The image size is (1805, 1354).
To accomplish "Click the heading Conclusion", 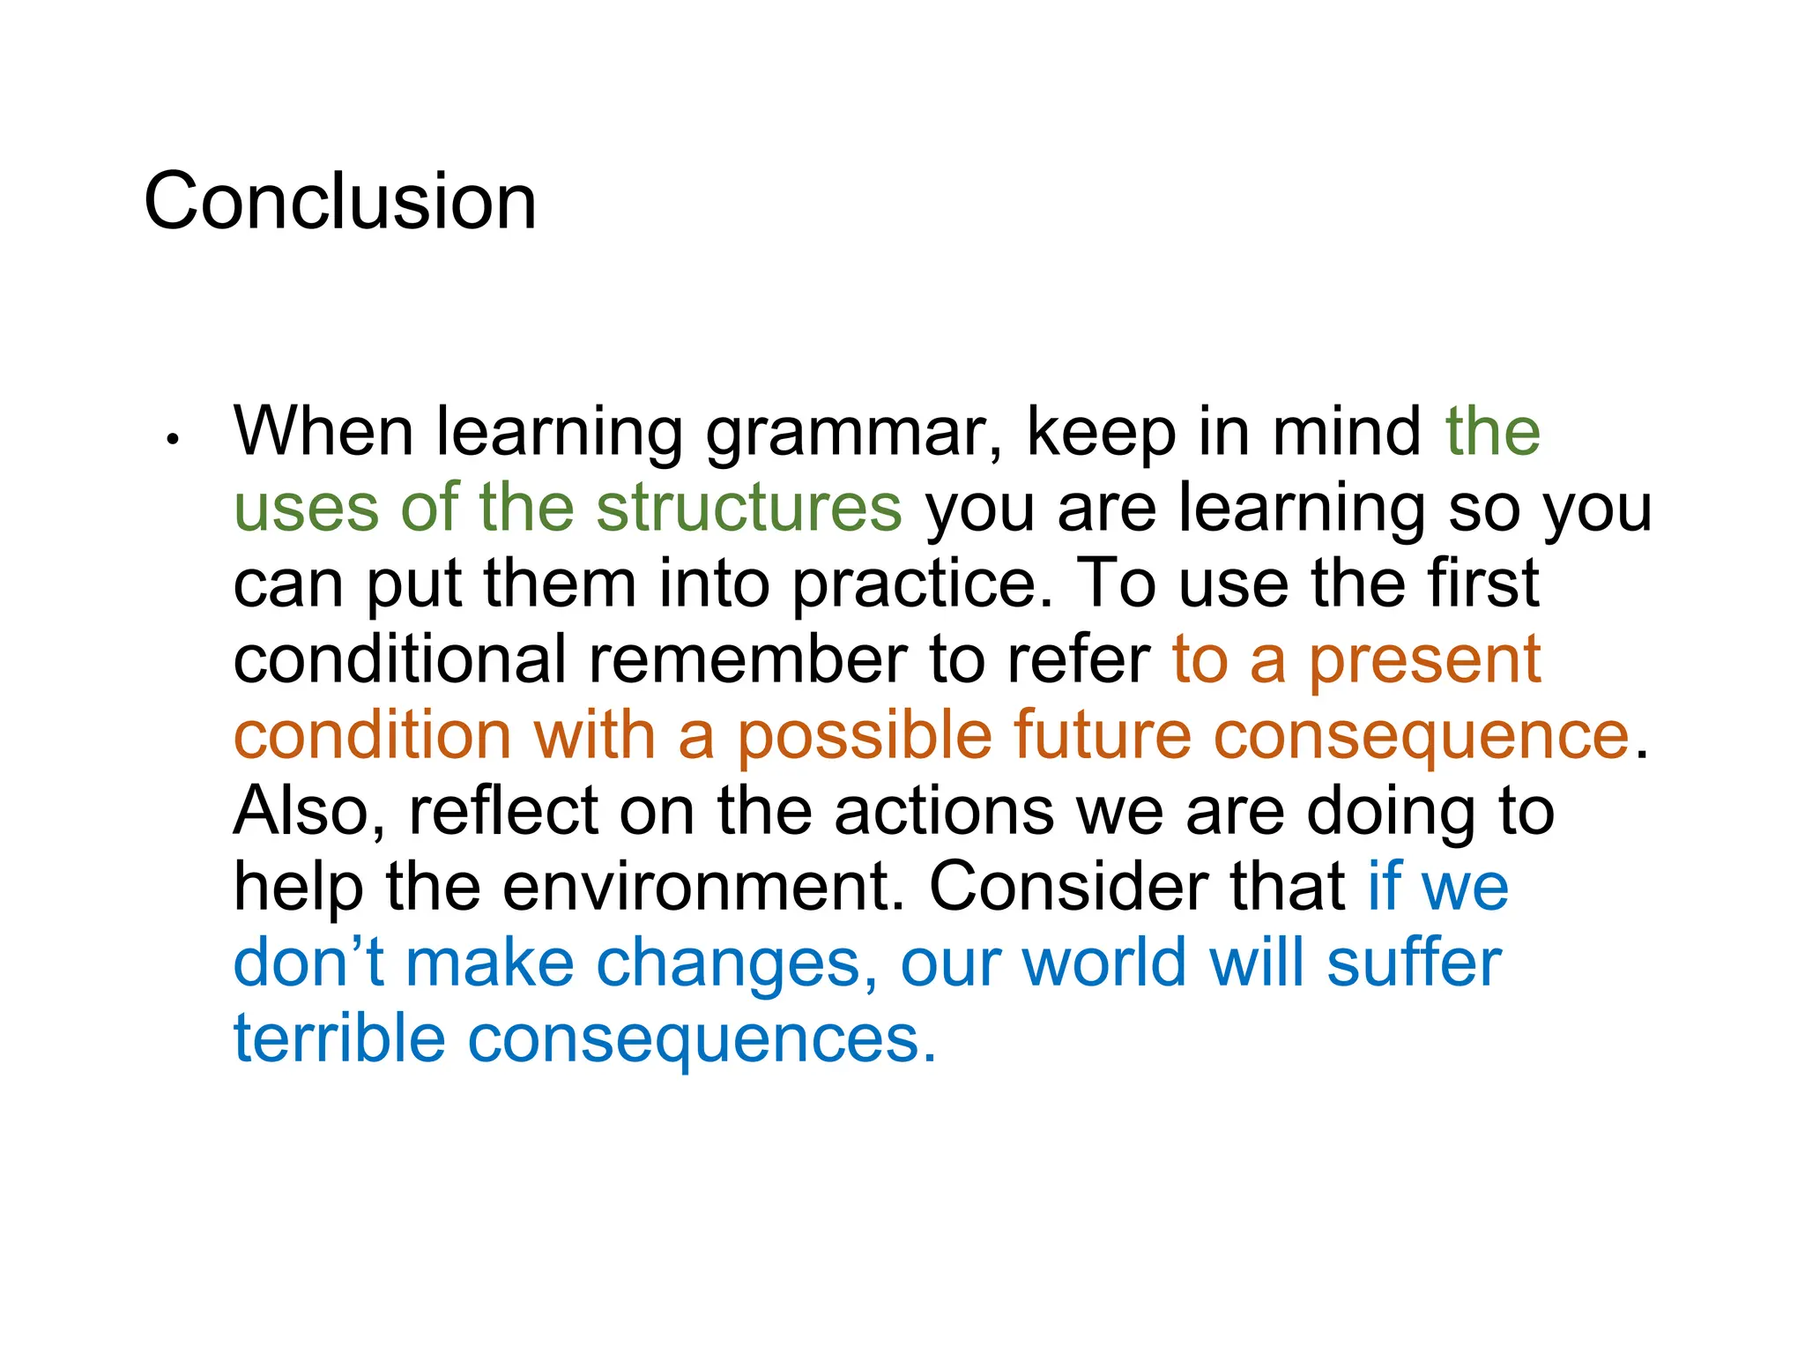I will (340, 202).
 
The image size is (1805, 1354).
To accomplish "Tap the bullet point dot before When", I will (173, 438).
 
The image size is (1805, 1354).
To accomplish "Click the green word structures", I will (749, 508).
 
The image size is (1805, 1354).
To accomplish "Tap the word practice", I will (922, 584).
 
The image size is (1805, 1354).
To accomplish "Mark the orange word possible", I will (864, 736).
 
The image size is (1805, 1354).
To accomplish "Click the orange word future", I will (1103, 735).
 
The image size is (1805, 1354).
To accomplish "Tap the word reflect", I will (503, 811).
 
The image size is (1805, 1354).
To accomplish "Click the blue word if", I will (1385, 887).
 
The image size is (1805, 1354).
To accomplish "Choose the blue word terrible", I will (339, 1038).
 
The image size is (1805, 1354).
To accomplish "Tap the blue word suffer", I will (1415, 963).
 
